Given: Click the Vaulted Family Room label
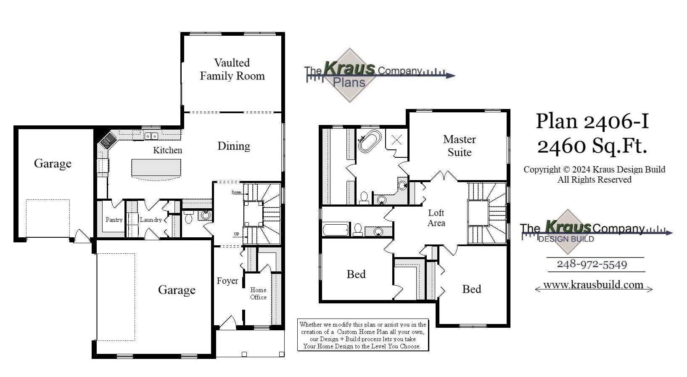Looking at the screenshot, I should pos(232,69).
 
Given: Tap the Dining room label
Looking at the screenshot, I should pos(234,146).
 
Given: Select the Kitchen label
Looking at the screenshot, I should pos(167,150).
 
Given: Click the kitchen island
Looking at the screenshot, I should pos(156,169).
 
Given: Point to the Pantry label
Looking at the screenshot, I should pos(114,220).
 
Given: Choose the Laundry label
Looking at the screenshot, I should pos(151,220).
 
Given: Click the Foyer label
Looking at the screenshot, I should pos(227,281).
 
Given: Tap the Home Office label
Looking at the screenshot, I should pos(258,293).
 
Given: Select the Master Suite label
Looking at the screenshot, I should pos(459,146).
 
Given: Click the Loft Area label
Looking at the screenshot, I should pos(436,218).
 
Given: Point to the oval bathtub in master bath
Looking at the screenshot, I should pos(370,141).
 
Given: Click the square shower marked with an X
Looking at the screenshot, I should pos(396,140).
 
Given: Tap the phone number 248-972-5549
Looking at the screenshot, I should pos(592,264).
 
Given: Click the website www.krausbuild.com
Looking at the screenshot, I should pos(593,285).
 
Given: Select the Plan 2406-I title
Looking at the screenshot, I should pos(592,121).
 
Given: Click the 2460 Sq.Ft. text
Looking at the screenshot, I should pos(592,146).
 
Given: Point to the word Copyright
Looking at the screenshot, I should pos(542,170).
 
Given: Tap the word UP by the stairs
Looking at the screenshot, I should pos(237,234).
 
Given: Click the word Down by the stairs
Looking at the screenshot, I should pos(236,192).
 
